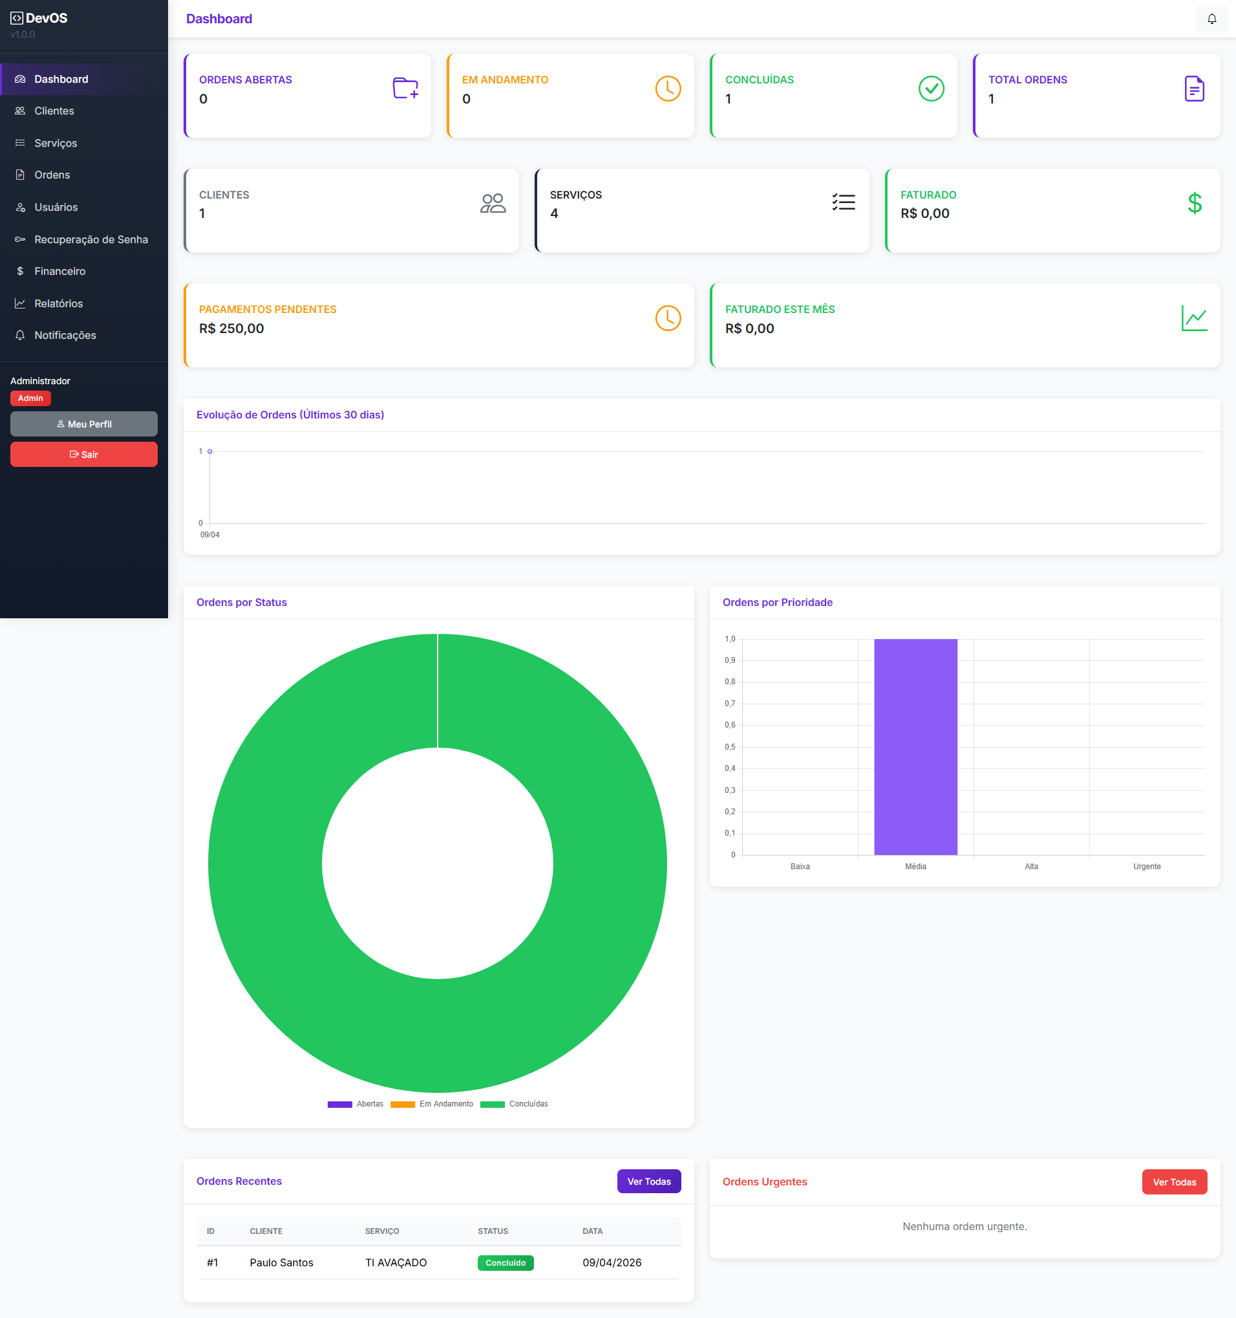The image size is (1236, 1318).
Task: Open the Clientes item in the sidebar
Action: (x=54, y=111)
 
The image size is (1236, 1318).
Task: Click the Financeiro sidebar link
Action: (x=59, y=271)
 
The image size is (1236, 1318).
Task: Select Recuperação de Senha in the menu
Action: (x=91, y=239)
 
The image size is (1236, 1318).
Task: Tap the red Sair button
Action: (x=83, y=454)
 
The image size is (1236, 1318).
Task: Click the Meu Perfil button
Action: (x=83, y=424)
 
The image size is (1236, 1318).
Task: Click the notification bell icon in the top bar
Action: (x=1211, y=19)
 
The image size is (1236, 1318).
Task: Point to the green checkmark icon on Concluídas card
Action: (x=930, y=89)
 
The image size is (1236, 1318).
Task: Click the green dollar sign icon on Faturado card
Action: (x=1194, y=204)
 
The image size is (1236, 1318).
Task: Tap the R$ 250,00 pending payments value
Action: (x=231, y=329)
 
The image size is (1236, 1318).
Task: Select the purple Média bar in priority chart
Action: (x=915, y=746)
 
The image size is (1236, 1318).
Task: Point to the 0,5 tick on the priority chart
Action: (x=730, y=746)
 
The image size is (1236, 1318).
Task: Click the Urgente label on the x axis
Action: (x=1147, y=867)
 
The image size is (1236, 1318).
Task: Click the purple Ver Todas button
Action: (x=648, y=1182)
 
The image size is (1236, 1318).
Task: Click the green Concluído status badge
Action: (x=505, y=1263)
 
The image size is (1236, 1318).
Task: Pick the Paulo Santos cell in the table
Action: (x=281, y=1263)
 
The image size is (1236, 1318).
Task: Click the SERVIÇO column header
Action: (x=382, y=1231)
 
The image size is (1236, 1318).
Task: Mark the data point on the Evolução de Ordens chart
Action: (x=210, y=451)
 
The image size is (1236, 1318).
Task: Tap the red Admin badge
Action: (x=30, y=398)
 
